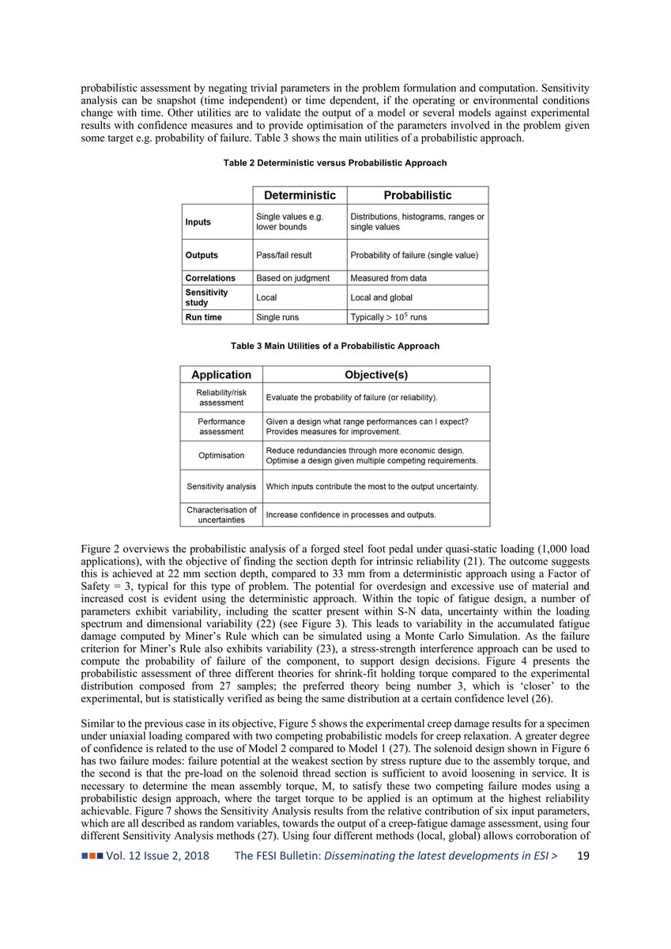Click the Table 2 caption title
coord(334,163)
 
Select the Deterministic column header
coord(300,195)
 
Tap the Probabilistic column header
coord(417,195)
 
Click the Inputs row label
coord(198,222)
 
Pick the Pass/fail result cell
coord(284,255)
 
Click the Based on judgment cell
coord(292,278)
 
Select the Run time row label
coord(203,317)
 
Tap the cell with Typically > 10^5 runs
coord(389,317)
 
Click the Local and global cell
coord(381,297)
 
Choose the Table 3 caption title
coord(334,346)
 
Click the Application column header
coord(221,375)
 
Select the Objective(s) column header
coord(376,375)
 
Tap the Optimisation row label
coord(221,456)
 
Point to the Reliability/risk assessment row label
coord(221,397)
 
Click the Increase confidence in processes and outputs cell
coord(351,515)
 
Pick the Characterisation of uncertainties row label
coord(221,515)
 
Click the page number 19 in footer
coord(583,856)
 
